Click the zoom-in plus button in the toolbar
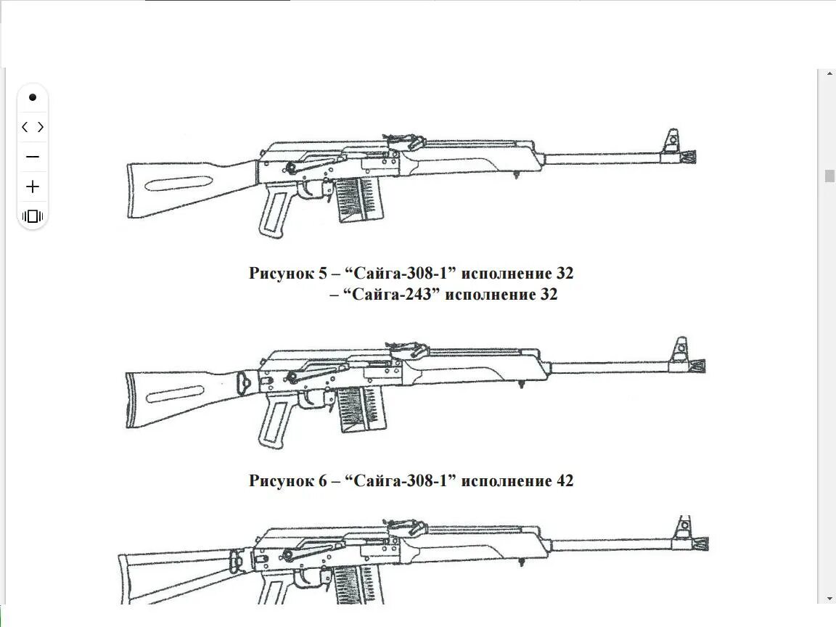[x=33, y=187]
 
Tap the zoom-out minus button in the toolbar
[x=33, y=157]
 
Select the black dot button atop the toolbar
[x=33, y=97]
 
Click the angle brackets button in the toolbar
[x=33, y=127]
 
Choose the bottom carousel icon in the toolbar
[x=33, y=216]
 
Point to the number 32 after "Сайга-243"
[x=548, y=295]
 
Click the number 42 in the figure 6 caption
[x=564, y=480]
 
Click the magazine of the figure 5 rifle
[x=357, y=198]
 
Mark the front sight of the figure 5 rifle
[x=672, y=140]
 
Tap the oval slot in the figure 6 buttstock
[x=174, y=396]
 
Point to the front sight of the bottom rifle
[x=683, y=528]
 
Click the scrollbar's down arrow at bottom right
[x=827, y=599]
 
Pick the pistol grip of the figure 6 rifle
[x=274, y=422]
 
